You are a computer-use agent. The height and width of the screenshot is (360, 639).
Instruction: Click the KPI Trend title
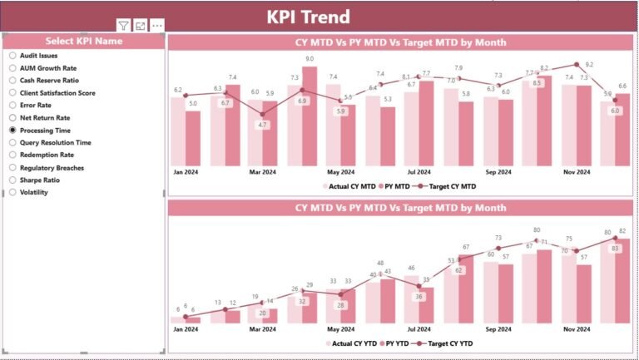pos(308,17)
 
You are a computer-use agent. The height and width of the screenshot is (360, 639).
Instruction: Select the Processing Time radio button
pos(12,131)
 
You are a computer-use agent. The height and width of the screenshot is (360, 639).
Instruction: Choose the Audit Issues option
pos(12,56)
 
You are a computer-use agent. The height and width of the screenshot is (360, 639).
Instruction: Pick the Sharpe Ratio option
pos(12,180)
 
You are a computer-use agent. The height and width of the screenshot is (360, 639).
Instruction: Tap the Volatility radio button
pos(12,192)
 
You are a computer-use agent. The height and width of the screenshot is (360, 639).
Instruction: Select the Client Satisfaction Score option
pos(12,93)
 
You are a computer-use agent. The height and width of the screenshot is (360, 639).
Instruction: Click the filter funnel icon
pos(123,27)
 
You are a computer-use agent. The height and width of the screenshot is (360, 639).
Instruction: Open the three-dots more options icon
pos(157,27)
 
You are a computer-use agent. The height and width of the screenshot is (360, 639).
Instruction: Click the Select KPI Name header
pos(83,41)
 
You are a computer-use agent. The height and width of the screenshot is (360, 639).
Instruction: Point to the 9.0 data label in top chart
pos(310,59)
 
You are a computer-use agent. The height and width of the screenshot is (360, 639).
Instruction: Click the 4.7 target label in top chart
pos(263,125)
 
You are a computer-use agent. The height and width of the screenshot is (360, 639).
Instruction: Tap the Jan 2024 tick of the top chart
pos(186,172)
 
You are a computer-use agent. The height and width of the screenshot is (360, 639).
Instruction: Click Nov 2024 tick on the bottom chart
pos(576,328)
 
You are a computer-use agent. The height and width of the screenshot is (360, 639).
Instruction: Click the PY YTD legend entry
pos(394,343)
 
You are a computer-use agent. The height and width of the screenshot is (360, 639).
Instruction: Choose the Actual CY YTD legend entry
pos(350,343)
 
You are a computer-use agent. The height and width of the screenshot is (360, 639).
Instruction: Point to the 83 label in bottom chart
pos(615,249)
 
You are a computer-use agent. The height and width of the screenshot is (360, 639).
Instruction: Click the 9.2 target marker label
pos(589,64)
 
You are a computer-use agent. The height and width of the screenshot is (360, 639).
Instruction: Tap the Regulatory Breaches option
pos(12,167)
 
